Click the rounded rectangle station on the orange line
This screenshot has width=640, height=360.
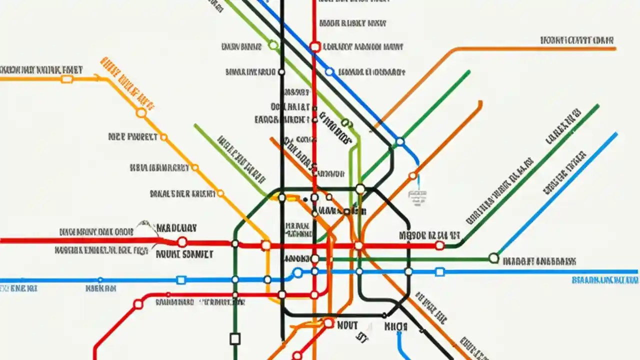click(x=66, y=79)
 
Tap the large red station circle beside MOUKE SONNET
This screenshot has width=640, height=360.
click(x=182, y=242)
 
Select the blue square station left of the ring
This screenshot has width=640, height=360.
click(x=181, y=280)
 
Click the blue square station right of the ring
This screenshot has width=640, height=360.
click(x=439, y=272)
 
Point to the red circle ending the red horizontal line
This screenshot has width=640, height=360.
click(x=439, y=245)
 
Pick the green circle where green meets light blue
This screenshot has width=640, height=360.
click(x=493, y=258)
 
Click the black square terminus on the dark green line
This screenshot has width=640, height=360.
click(x=235, y=339)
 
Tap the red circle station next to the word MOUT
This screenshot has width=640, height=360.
click(x=328, y=323)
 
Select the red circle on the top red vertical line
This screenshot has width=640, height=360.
click(x=314, y=47)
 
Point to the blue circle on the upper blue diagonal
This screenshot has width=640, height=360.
click(x=329, y=72)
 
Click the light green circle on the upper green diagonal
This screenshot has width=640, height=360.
click(x=273, y=45)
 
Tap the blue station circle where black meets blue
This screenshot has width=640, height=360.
click(x=400, y=142)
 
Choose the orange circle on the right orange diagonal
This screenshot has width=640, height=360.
click(x=412, y=175)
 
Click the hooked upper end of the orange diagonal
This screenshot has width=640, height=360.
click(x=480, y=103)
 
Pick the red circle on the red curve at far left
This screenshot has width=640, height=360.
click(x=138, y=304)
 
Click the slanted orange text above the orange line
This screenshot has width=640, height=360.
click(x=127, y=82)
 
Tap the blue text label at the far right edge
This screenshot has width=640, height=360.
click(x=604, y=280)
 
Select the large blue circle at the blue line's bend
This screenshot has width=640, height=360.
click(x=298, y=272)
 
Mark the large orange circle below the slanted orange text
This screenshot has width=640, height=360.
click(x=141, y=113)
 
